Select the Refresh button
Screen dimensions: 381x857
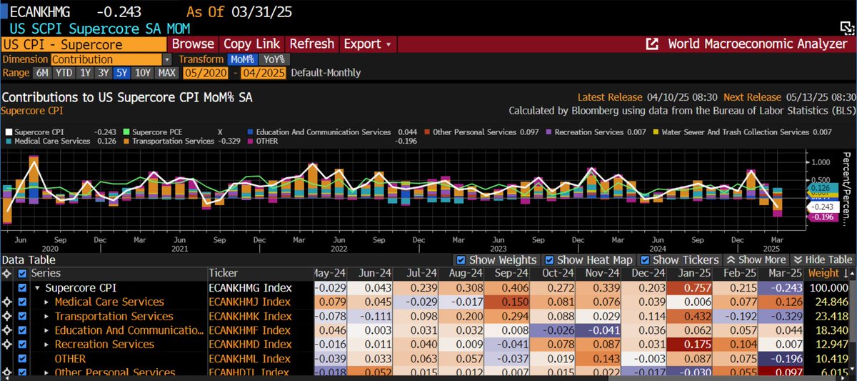click(x=311, y=44)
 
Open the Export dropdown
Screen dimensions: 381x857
click(x=367, y=44)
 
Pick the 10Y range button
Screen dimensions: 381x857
click(x=143, y=72)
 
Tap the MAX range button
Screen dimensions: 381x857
click(x=167, y=72)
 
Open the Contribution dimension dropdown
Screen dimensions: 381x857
click(x=111, y=59)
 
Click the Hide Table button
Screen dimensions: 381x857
click(x=823, y=260)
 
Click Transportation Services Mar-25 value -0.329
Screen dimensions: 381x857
click(x=781, y=316)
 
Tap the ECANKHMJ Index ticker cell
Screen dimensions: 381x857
click(x=250, y=302)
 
